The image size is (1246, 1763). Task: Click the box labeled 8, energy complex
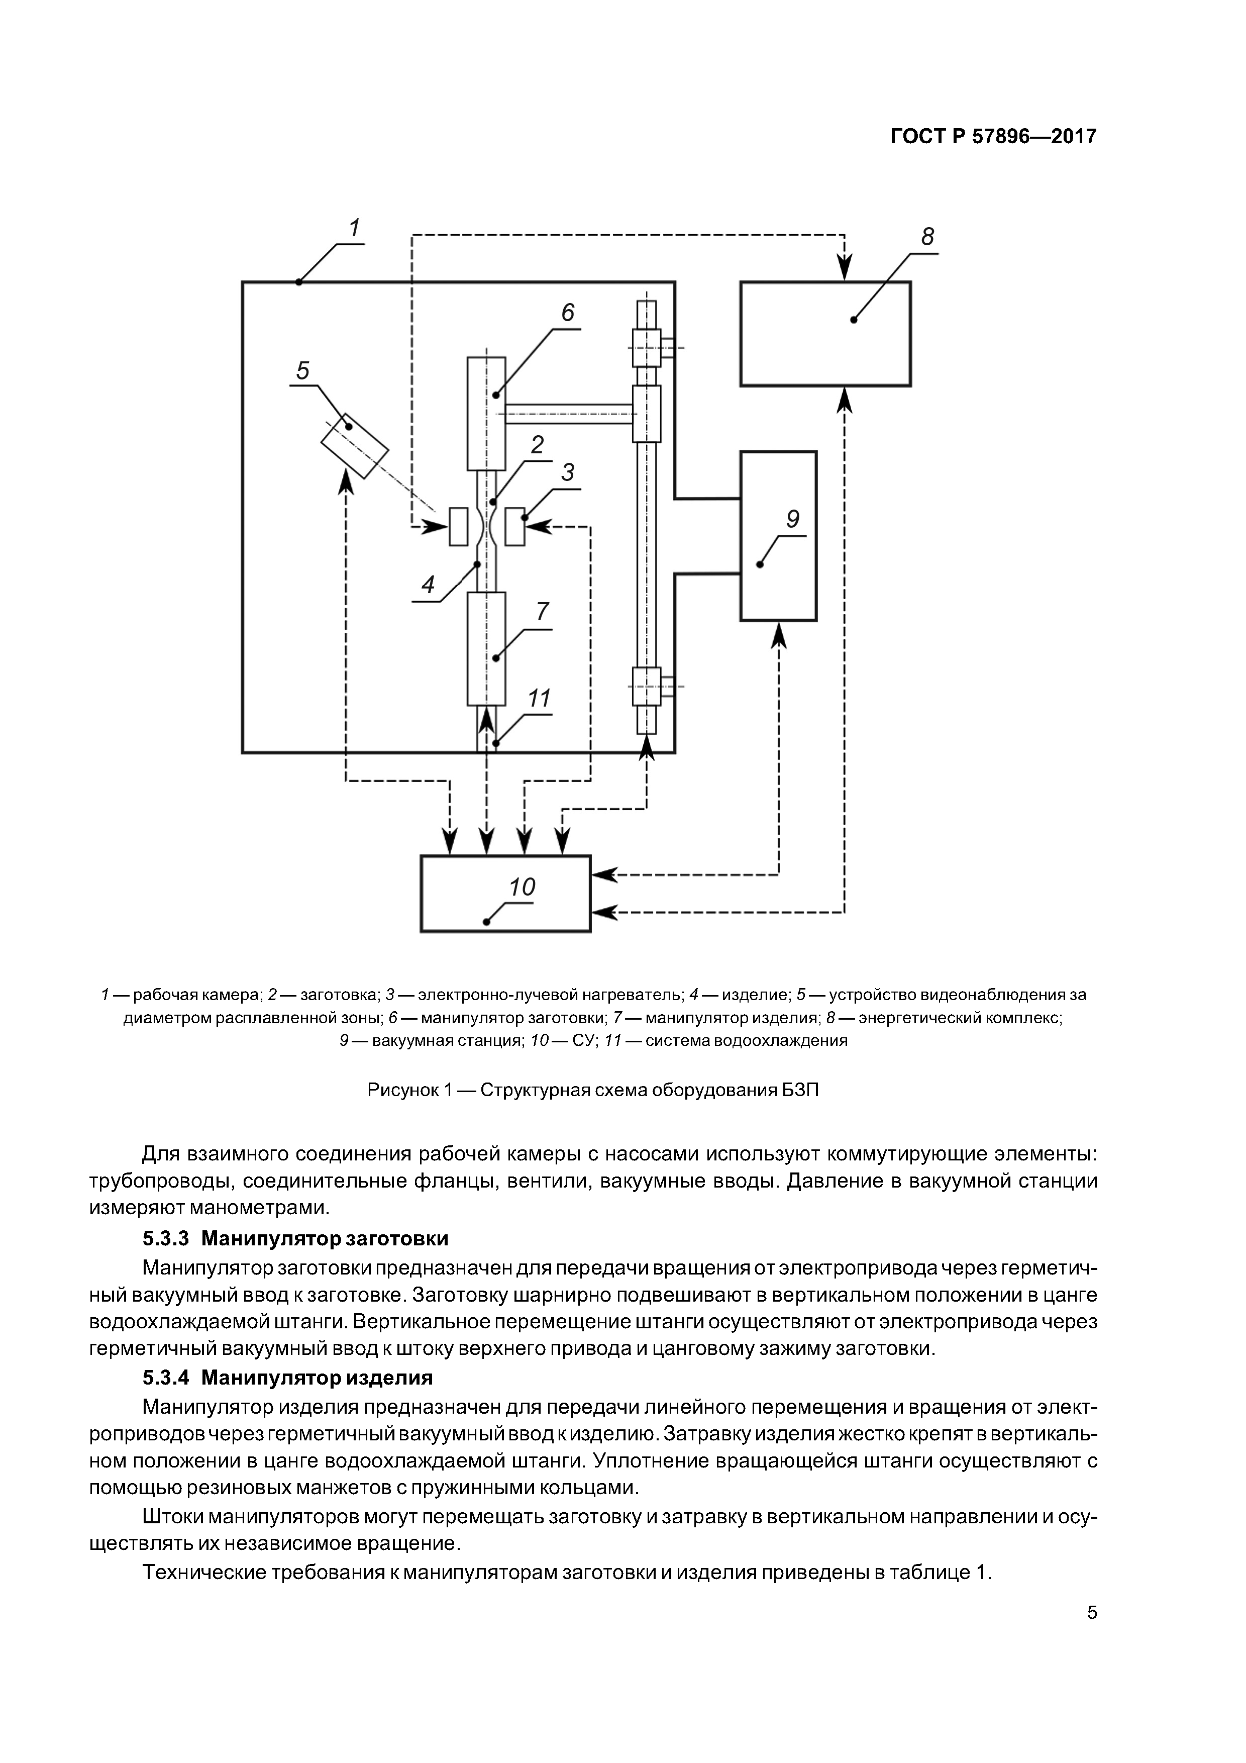pyautogui.click(x=825, y=334)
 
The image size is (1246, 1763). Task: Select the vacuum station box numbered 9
pyautogui.click(x=778, y=536)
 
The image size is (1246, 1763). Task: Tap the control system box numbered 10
pyautogui.click(x=505, y=894)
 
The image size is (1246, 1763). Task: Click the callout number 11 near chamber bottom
pyautogui.click(x=540, y=699)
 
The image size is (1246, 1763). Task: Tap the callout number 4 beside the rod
pyautogui.click(x=428, y=585)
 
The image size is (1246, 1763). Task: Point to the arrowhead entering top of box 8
pyautogui.click(x=845, y=269)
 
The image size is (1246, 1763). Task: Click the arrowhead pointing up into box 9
pyautogui.click(x=778, y=635)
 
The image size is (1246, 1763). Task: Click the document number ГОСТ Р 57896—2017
pyautogui.click(x=993, y=137)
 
